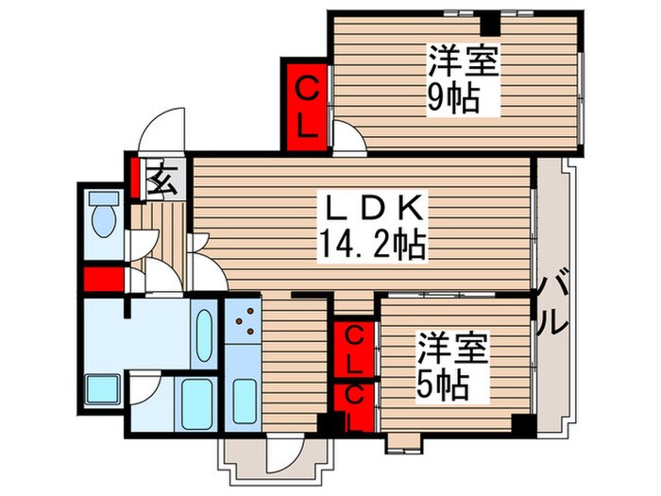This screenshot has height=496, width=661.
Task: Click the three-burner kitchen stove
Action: [244, 321]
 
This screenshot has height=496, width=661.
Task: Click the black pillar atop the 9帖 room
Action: [487, 23]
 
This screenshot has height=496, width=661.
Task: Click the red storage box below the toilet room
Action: [102, 280]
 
